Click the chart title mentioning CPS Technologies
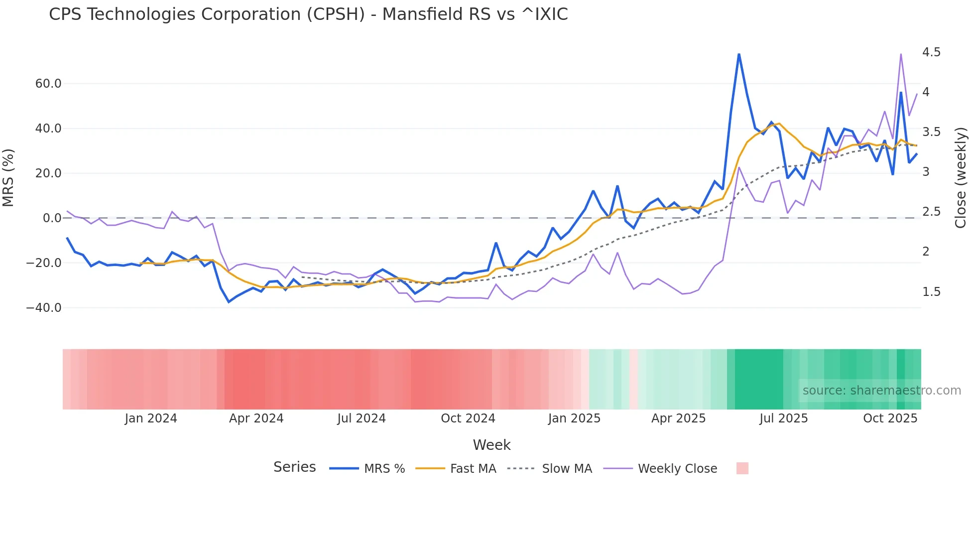(x=308, y=14)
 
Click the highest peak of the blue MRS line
(x=739, y=54)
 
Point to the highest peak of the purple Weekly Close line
(x=901, y=54)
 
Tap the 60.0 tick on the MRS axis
(x=48, y=84)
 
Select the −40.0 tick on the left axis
(x=44, y=308)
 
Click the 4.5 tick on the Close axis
(x=931, y=52)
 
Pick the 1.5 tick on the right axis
(x=931, y=292)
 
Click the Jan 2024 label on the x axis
(x=151, y=418)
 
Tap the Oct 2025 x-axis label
(x=890, y=418)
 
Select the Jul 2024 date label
(x=362, y=418)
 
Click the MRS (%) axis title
(x=8, y=178)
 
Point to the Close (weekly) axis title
(x=961, y=178)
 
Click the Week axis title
(x=491, y=445)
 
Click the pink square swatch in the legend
(x=742, y=469)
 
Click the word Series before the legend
(x=294, y=467)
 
